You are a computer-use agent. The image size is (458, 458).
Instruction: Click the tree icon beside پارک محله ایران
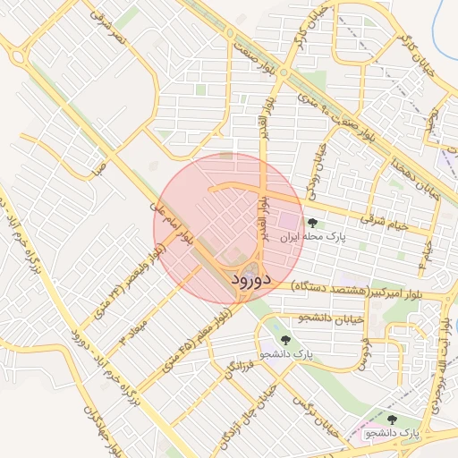(x=311, y=223)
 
